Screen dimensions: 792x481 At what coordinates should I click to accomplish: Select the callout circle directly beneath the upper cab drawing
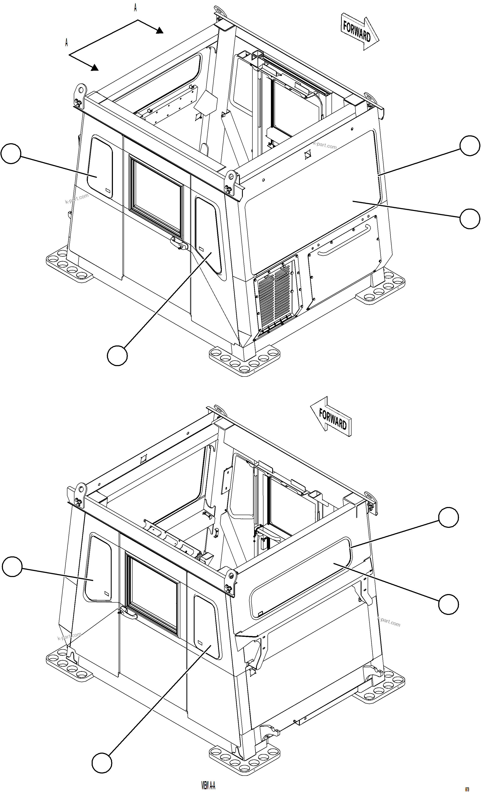(117, 355)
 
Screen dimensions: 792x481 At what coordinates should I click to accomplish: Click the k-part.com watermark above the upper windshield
(325, 146)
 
